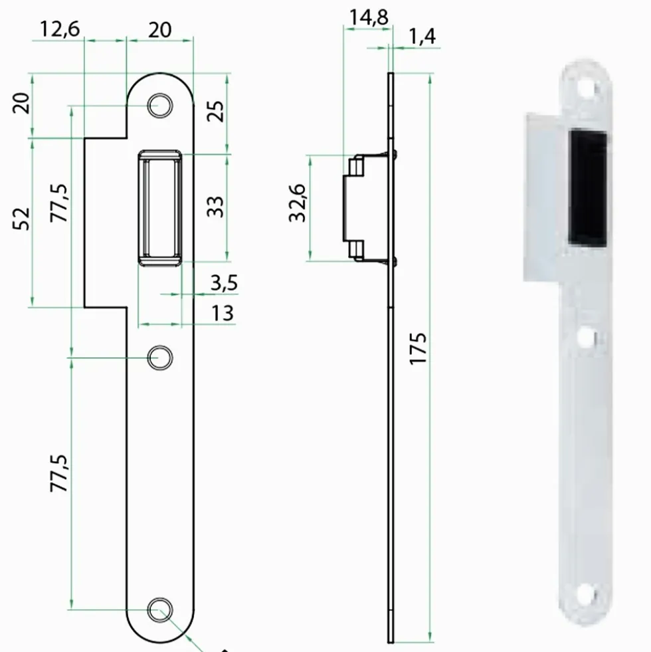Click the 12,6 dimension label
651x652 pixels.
coord(59,29)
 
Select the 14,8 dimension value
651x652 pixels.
coord(369,17)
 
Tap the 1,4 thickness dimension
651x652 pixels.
coord(422,37)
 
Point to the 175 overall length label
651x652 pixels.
coord(418,348)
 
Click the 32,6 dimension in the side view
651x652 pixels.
coord(298,203)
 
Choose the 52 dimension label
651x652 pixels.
coord(22,219)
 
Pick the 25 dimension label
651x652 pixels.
coord(215,111)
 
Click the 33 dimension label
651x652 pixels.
coord(215,207)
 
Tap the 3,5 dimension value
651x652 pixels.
coord(224,283)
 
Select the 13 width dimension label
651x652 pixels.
coord(223,313)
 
